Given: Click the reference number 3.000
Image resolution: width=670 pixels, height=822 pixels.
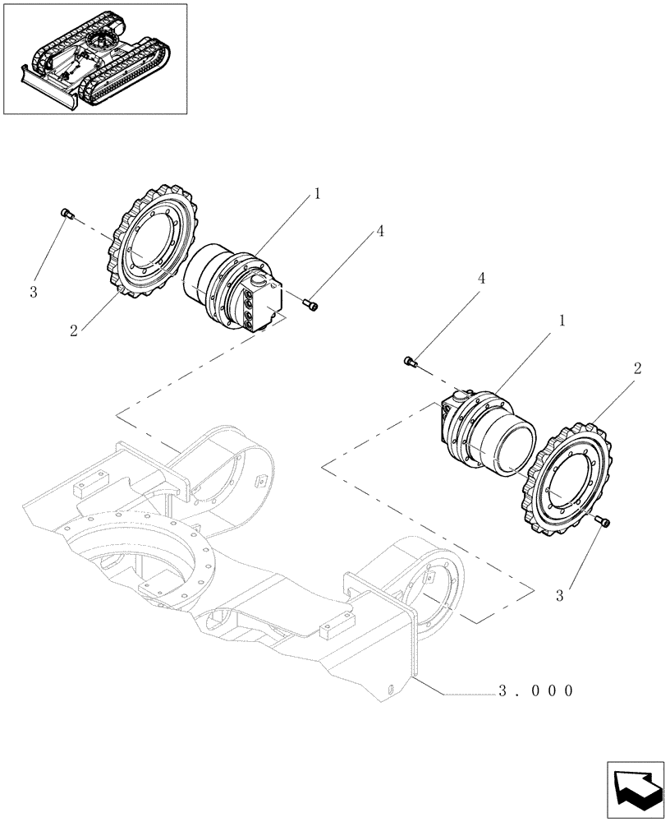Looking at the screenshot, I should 534,691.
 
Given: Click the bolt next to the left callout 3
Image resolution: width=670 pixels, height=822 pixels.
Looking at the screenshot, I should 67,215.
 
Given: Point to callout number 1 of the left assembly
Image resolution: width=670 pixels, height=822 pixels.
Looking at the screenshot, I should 316,194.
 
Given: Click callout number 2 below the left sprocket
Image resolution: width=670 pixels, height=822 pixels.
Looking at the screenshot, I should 74,330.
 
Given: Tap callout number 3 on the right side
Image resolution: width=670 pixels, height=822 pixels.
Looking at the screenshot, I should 559,596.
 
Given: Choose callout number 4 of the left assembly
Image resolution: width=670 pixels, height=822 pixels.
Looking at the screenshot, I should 380,233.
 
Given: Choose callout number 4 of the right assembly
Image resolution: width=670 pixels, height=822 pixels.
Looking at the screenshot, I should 481,279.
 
